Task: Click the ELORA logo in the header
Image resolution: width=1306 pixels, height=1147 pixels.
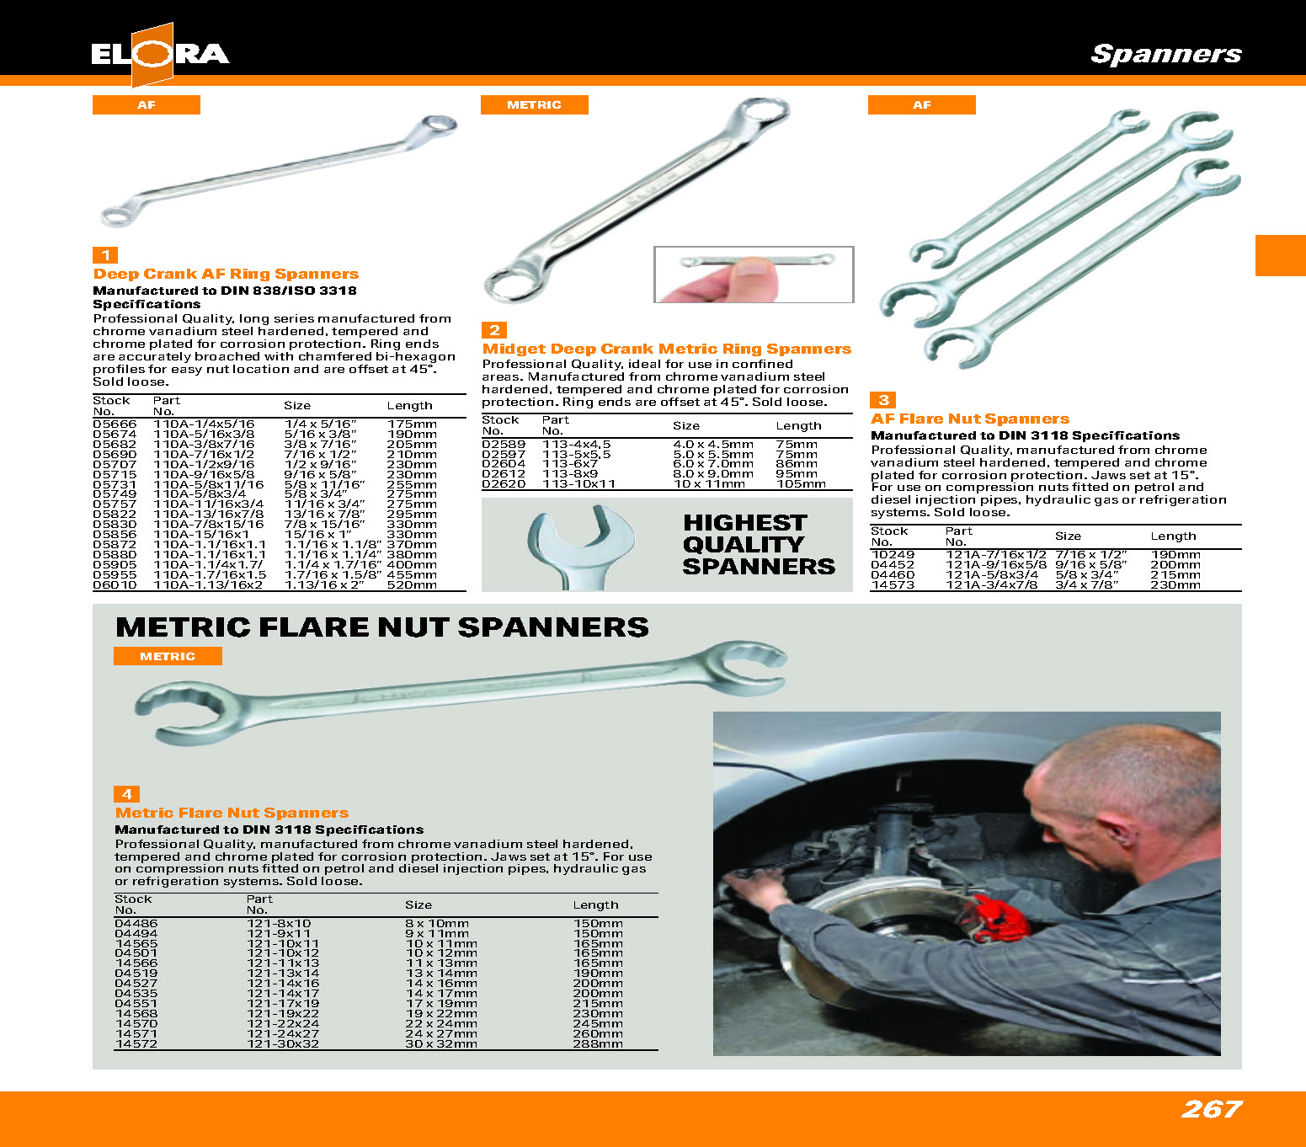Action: [x=159, y=55]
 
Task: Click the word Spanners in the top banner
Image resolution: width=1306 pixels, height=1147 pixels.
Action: [x=1165, y=54]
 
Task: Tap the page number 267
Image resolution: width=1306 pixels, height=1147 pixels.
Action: [x=1211, y=1109]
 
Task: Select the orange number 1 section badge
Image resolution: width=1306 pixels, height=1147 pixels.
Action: [x=105, y=255]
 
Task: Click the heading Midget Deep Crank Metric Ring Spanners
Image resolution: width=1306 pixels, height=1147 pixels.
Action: [x=666, y=349]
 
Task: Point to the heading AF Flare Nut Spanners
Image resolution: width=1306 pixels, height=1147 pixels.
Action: [x=969, y=419]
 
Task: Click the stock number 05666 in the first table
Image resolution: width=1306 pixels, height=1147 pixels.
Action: [x=115, y=424]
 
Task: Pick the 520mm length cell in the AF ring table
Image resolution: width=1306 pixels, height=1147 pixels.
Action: [x=412, y=585]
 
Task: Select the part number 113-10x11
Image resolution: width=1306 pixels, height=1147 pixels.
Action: [x=578, y=484]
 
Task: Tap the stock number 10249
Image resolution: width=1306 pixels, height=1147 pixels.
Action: [x=893, y=555]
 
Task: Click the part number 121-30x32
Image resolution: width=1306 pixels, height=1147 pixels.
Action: [x=283, y=1044]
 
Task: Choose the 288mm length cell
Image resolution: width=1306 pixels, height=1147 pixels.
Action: [x=598, y=1044]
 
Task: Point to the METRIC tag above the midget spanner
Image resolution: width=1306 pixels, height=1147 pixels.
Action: [x=534, y=104]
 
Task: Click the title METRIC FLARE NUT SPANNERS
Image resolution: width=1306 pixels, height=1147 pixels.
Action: [x=381, y=627]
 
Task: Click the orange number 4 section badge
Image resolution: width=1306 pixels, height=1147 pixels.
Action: [x=126, y=794]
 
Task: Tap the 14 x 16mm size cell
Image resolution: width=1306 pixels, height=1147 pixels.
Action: [x=440, y=984]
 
